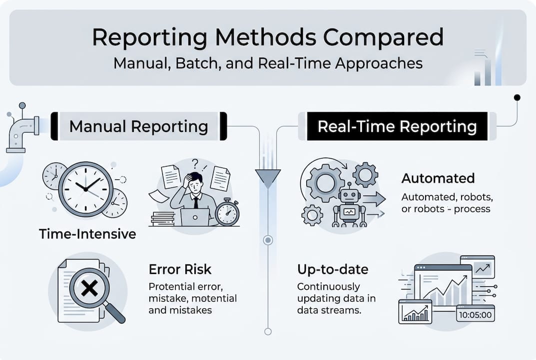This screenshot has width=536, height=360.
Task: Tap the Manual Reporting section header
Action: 138,126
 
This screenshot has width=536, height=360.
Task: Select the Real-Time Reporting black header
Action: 397,126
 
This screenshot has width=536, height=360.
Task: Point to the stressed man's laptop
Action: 194,216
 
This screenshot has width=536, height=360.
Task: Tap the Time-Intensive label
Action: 87,233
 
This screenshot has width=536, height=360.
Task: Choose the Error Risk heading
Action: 180,269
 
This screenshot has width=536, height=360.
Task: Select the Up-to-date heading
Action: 332,269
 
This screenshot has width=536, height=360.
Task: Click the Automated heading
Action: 438,178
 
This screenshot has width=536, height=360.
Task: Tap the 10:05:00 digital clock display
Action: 475,315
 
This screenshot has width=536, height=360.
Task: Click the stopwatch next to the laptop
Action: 227,212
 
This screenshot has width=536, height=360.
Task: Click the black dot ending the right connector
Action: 517,97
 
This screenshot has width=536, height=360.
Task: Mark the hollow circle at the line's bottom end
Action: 268,331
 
